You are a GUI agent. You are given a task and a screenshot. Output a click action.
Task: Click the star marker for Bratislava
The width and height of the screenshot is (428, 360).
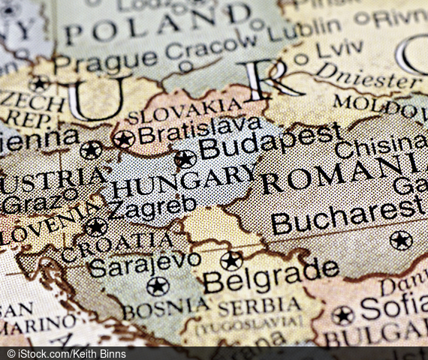click(x=124, y=139)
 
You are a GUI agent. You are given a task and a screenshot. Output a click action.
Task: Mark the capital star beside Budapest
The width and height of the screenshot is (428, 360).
click(x=185, y=159)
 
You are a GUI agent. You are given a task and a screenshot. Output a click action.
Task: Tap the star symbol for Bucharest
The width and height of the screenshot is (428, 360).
click(x=401, y=240)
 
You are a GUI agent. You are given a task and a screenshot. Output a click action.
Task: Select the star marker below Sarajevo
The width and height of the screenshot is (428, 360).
click(x=158, y=286)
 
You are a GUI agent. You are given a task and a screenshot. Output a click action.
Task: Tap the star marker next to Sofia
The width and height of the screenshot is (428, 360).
click(x=342, y=315)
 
